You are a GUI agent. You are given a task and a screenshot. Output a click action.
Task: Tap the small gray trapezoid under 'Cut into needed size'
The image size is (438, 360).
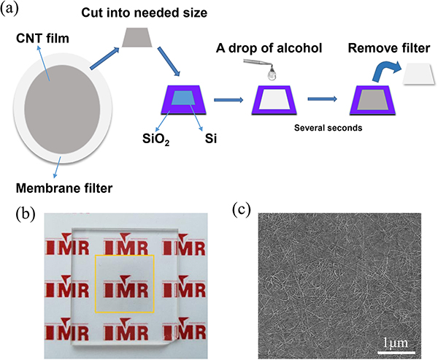tap(138, 38)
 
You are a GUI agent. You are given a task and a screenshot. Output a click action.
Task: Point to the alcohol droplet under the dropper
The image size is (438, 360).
tap(272, 74)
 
